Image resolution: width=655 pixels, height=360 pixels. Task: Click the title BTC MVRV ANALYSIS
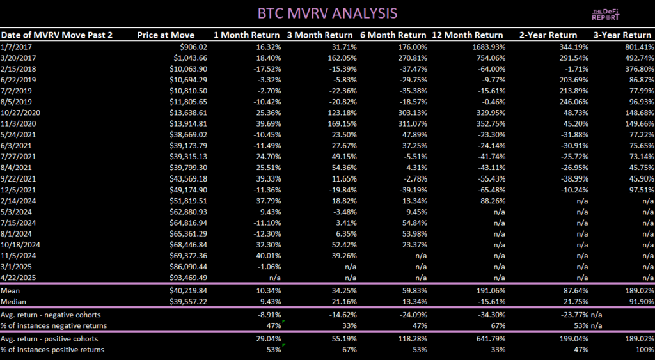(x=327, y=13)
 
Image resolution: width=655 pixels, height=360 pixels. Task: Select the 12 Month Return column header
(x=467, y=35)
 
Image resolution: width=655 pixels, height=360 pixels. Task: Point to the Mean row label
(x=11, y=291)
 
